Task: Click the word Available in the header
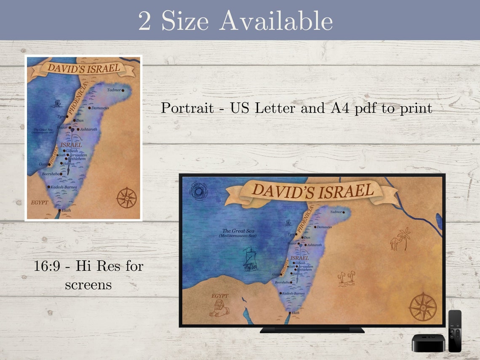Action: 276,20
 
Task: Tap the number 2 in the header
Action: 144,21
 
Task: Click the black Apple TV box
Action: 429,343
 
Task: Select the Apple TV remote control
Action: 455,331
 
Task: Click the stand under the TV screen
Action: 312,330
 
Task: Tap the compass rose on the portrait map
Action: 126,197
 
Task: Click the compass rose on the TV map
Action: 423,306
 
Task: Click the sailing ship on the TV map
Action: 250,258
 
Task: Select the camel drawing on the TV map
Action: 395,243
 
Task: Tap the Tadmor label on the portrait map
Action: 114,90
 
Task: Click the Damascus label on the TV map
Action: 324,227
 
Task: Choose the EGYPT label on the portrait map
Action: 39,203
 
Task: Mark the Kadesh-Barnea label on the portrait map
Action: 63,187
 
